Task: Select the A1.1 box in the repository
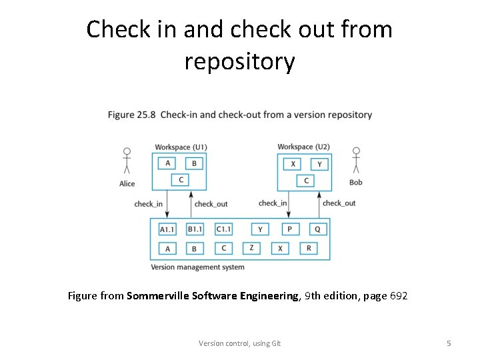167,229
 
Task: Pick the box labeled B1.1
195,229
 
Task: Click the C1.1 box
223,229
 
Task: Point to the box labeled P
289,229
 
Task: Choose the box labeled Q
317,229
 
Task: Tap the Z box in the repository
251,248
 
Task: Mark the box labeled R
309,248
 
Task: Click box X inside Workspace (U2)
293,163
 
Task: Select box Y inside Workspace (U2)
319,163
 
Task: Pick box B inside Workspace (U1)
194,163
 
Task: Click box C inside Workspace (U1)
181,179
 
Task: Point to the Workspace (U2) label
303,147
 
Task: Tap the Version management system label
197,267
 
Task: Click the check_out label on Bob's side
339,203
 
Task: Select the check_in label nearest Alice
148,204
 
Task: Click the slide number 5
449,343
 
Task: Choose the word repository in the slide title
239,61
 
